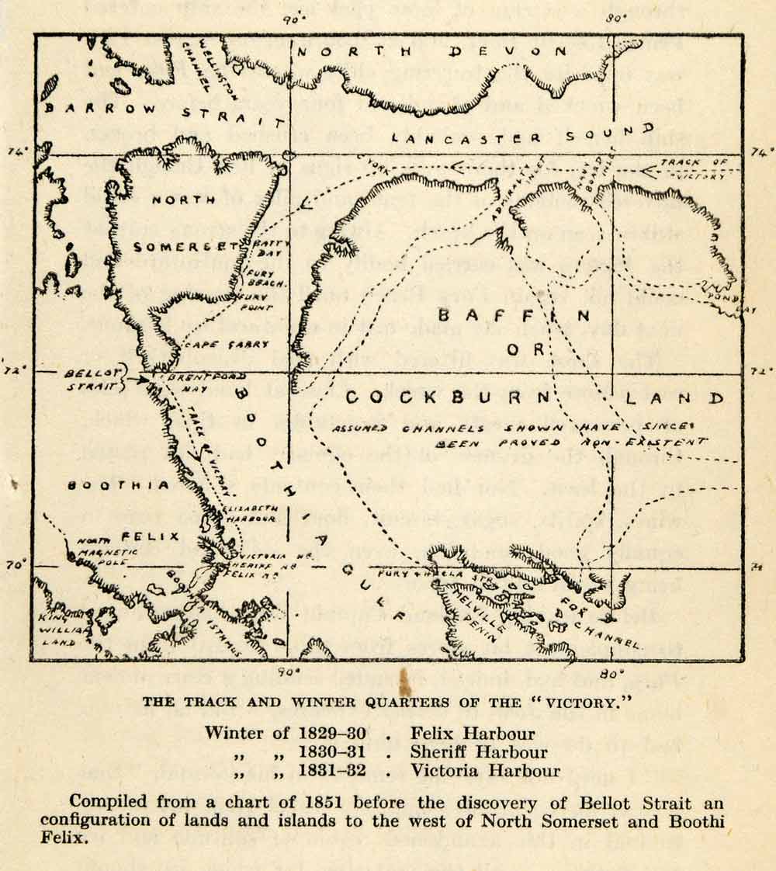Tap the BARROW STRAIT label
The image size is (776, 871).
(163, 114)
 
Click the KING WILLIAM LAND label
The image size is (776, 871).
(62, 620)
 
